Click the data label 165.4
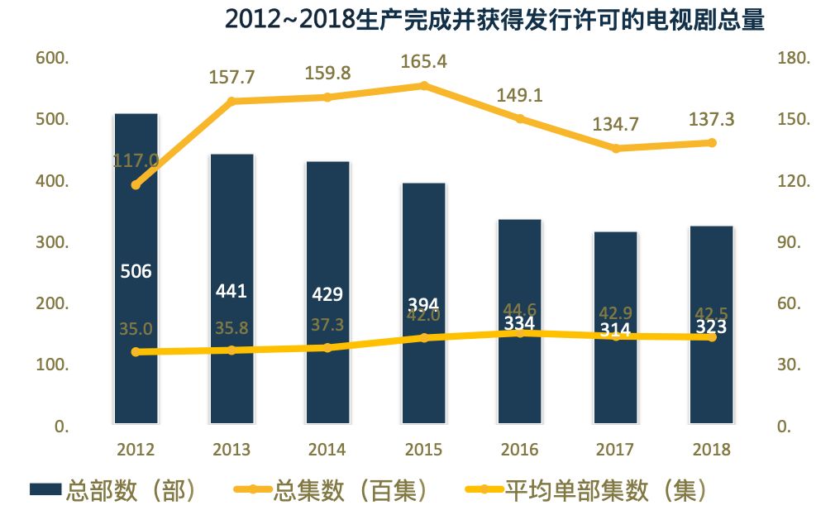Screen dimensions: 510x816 coord(423,61)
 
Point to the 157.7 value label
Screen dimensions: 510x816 coord(231,77)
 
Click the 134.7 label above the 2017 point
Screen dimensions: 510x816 coord(616,125)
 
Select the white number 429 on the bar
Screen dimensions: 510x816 coord(327,295)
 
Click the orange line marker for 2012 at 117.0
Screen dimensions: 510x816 coord(136,184)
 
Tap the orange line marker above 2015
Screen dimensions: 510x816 coord(423,85)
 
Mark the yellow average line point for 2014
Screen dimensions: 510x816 coord(327,347)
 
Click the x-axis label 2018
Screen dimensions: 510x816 coord(712,450)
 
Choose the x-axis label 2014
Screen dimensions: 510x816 coord(327,450)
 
